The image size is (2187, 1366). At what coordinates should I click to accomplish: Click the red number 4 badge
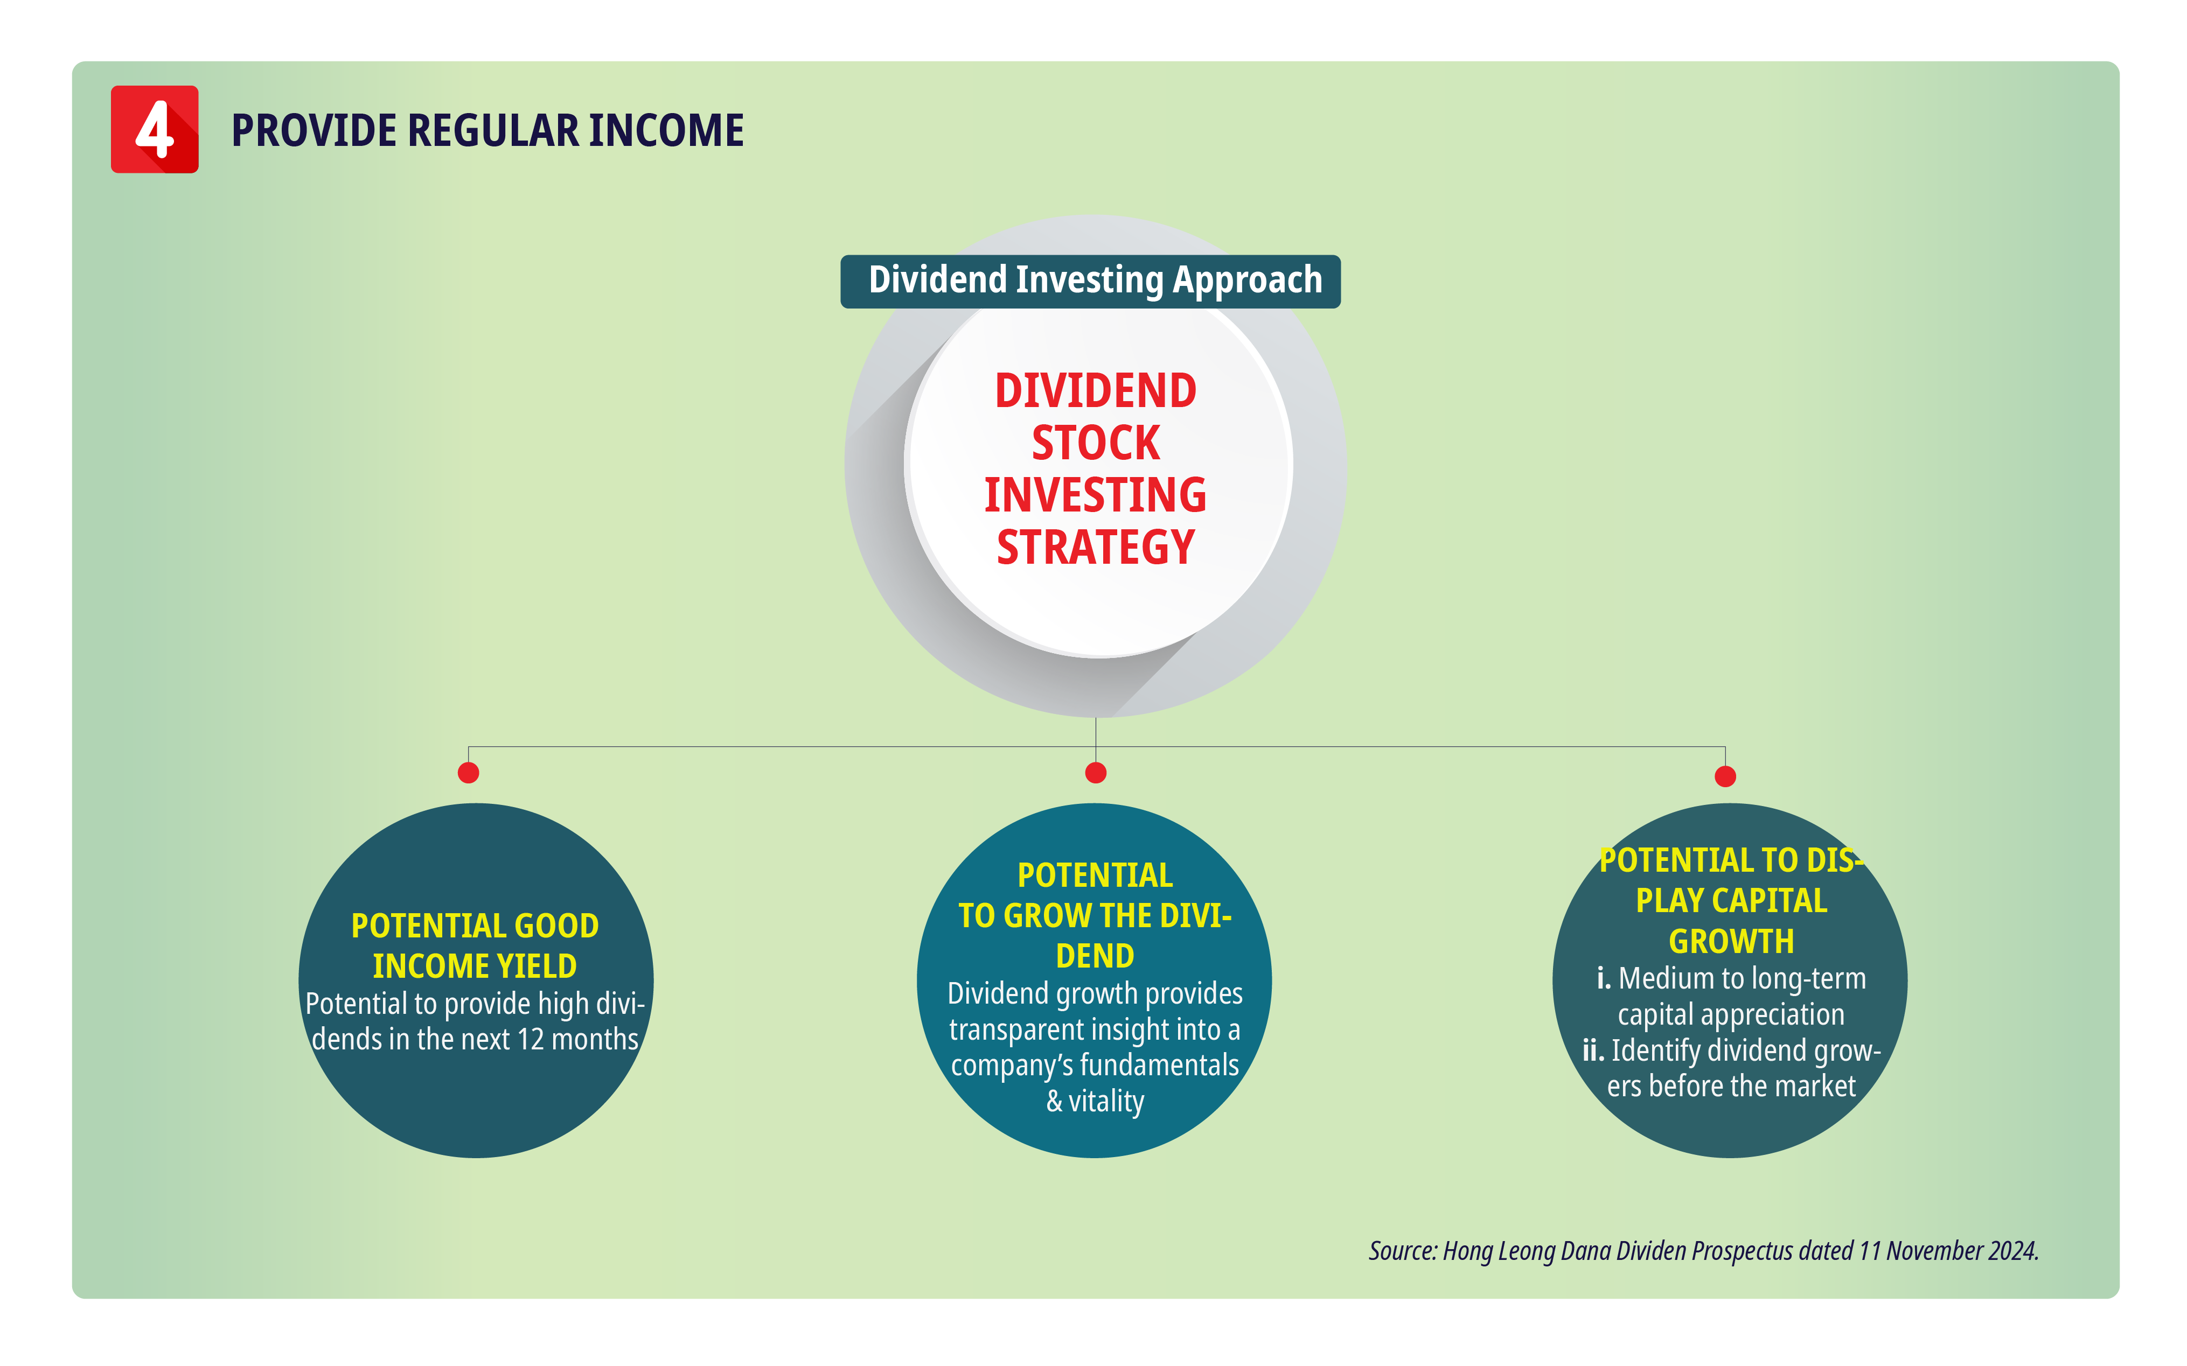pyautogui.click(x=155, y=129)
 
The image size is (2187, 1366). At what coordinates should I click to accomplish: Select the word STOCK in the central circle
pyautogui.click(x=1095, y=443)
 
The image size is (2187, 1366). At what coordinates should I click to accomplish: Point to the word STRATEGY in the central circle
pyautogui.click(x=1095, y=547)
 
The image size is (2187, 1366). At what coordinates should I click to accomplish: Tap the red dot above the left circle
pyautogui.click(x=468, y=773)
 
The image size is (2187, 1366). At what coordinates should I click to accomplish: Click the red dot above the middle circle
pyautogui.click(x=1095, y=773)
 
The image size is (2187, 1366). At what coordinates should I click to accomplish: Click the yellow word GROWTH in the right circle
pyautogui.click(x=1731, y=941)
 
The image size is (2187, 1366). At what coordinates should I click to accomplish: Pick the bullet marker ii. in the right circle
pyautogui.click(x=1593, y=1050)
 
